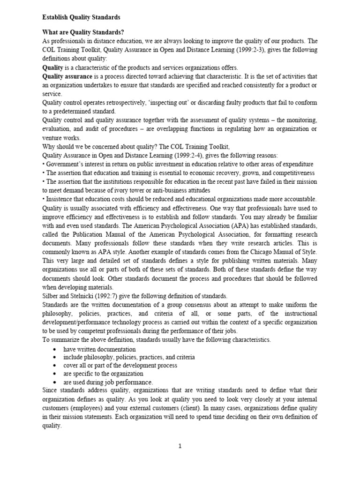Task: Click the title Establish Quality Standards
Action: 81,17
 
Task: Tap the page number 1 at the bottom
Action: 180,446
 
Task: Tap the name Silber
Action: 51,296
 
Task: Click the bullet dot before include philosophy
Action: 55,357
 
